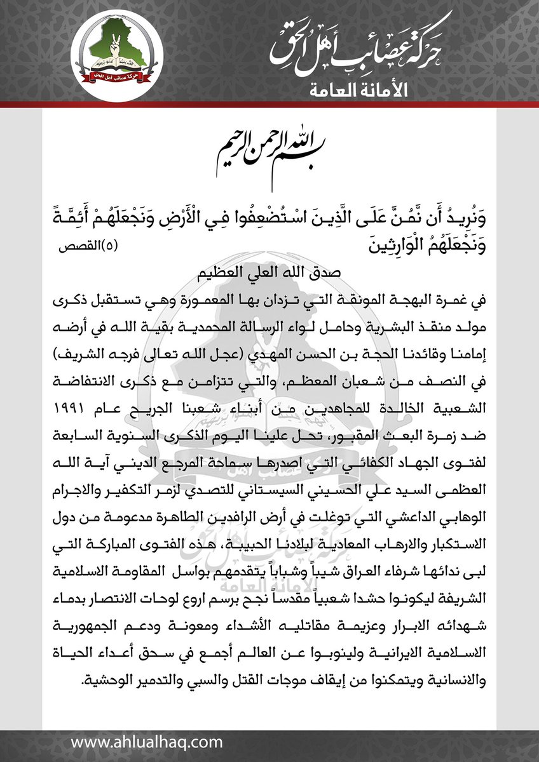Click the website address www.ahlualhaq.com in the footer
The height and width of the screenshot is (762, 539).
point(147,742)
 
